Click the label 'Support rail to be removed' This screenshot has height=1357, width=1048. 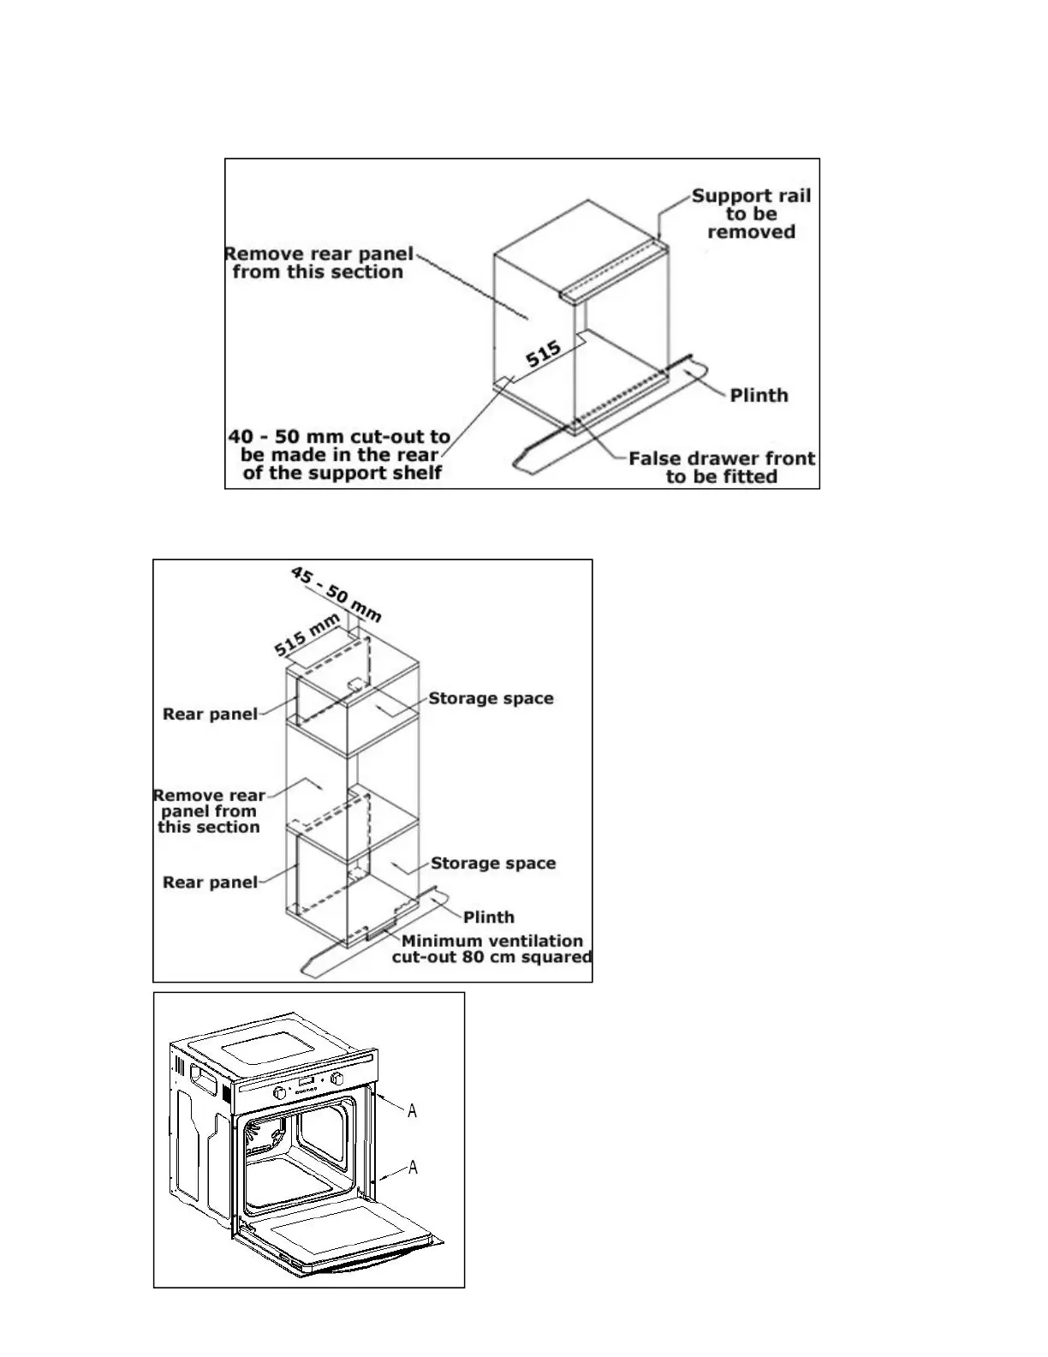[751, 213]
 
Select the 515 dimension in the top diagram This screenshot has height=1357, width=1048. [543, 354]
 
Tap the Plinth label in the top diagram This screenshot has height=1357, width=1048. [759, 395]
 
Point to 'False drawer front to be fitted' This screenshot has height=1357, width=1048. [722, 468]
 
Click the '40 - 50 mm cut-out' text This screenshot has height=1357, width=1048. [340, 455]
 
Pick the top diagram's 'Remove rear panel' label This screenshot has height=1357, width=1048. [319, 263]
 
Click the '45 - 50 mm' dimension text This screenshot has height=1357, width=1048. [336, 594]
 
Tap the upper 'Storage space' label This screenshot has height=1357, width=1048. [491, 698]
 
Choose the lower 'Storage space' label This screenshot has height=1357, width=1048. [493, 863]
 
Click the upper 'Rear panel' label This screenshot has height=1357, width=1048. [210, 714]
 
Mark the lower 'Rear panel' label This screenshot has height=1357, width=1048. [210, 882]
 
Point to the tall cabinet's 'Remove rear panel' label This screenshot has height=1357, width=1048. [209, 811]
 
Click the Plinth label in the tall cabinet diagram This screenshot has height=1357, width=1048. [489, 917]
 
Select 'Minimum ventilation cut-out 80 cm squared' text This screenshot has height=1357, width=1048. [491, 948]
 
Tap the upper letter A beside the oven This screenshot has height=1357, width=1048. [413, 1111]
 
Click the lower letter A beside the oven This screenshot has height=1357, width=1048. [413, 1168]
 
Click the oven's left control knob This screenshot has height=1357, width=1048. [280, 1094]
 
